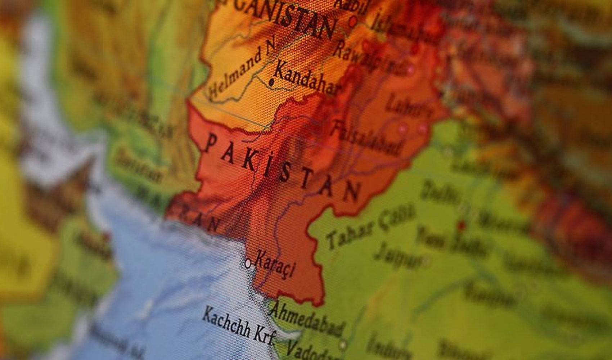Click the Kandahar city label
coord(306,81)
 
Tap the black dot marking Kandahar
coord(271,83)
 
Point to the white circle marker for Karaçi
coord(248,264)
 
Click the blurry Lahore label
coord(409,104)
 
